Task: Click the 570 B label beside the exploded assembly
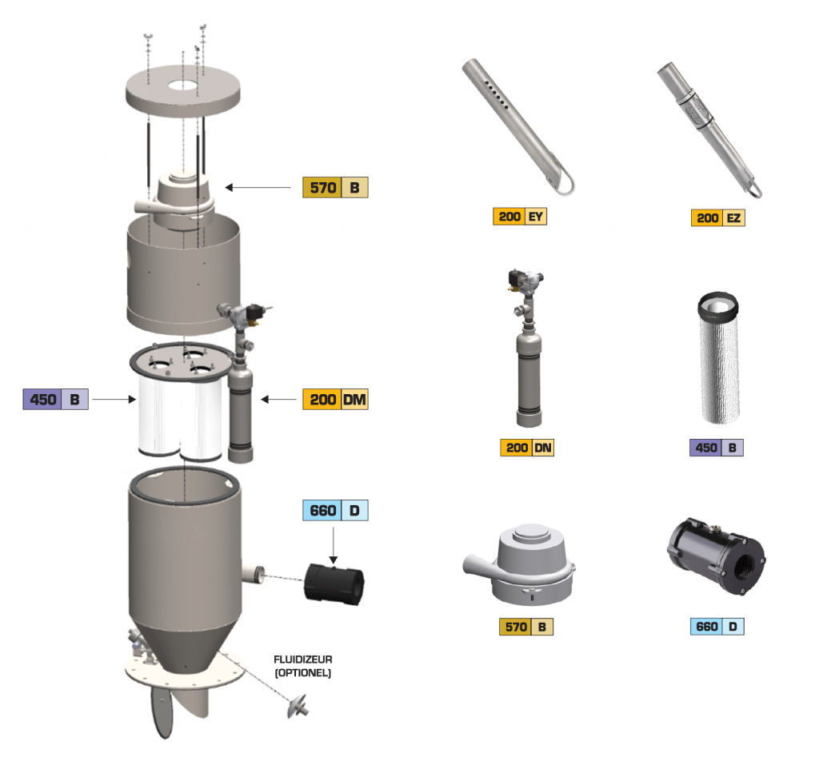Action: (335, 188)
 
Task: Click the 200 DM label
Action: (335, 400)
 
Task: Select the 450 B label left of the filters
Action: (55, 399)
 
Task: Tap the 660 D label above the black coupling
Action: (335, 511)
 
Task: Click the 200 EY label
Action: (520, 217)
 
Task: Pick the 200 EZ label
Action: (718, 217)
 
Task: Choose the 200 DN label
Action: (527, 448)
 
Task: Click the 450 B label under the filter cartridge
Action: (717, 448)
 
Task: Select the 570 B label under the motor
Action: (526, 627)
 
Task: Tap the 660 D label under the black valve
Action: (717, 627)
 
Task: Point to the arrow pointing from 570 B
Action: (258, 188)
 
